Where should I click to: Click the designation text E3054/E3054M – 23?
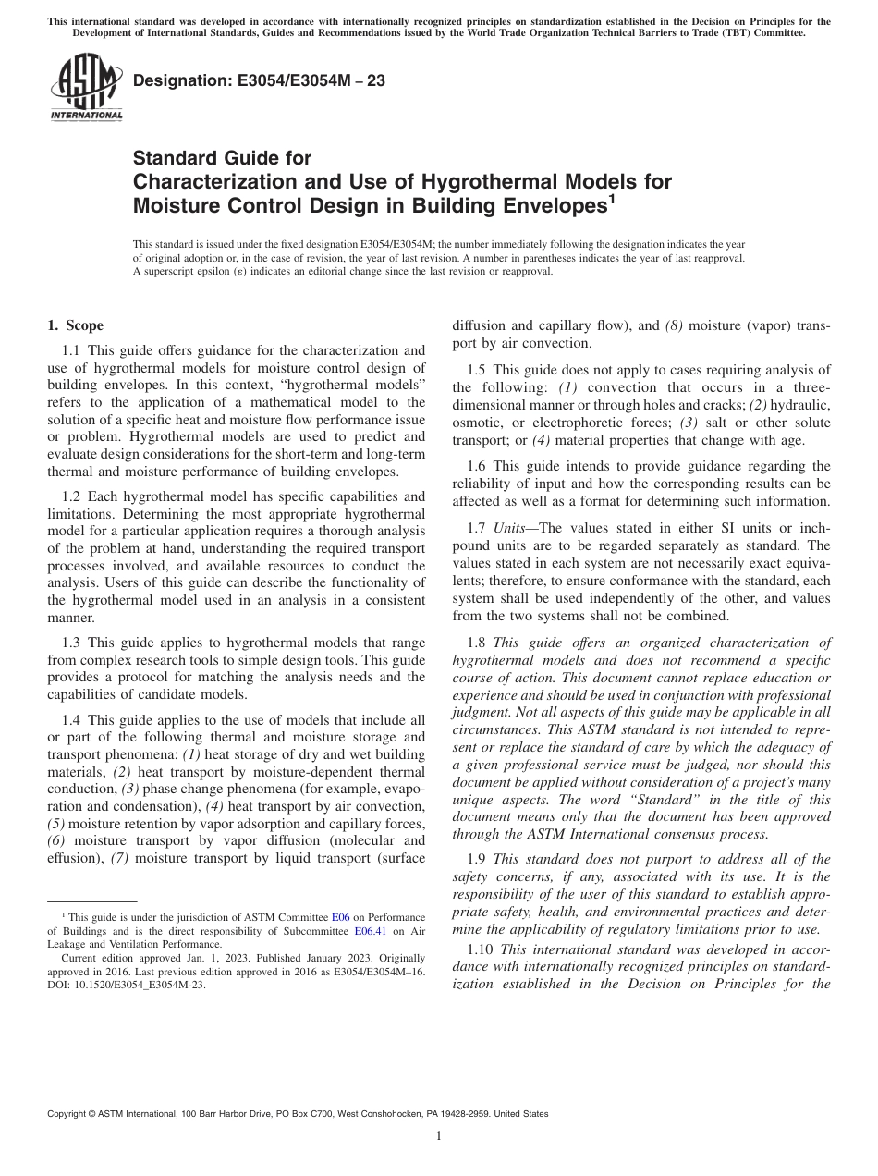coord(260,81)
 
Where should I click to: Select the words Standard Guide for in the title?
coord(223,158)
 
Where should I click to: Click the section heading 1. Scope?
coord(76,325)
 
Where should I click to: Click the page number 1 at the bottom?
coord(439,1136)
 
